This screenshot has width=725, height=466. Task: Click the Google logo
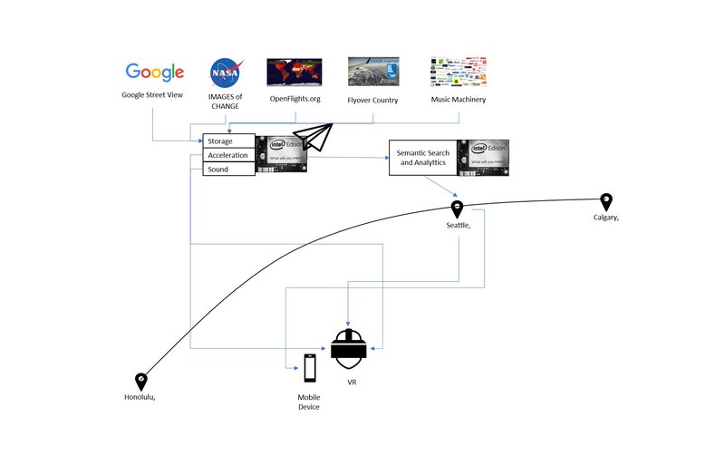tap(155, 72)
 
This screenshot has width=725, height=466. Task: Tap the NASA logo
tap(226, 72)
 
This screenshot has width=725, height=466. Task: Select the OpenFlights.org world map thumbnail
tap(295, 72)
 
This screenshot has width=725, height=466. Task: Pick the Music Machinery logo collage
tap(458, 72)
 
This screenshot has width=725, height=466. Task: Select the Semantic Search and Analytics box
tap(422, 158)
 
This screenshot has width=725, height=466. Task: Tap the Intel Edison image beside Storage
tap(283, 153)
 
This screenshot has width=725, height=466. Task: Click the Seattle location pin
tap(458, 209)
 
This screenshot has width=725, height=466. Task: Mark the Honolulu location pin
tap(141, 382)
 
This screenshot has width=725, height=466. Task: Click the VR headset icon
tap(349, 347)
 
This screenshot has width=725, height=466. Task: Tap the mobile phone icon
tap(310, 367)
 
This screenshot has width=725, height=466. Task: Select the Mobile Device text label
tap(309, 402)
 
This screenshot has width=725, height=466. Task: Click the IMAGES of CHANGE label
tap(226, 101)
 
